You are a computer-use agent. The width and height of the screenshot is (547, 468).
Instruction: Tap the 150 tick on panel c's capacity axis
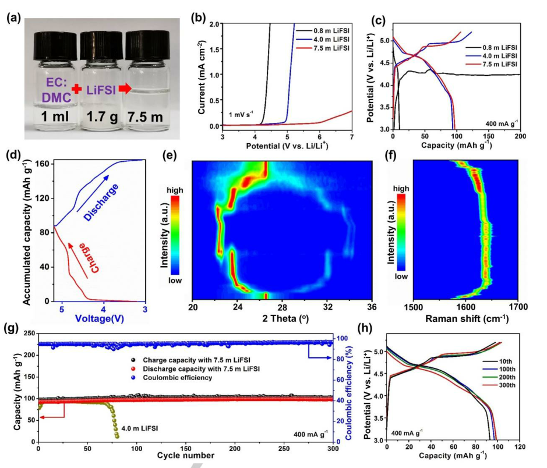pos(489,136)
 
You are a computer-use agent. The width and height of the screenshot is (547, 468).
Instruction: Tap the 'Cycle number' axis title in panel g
pos(185,455)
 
